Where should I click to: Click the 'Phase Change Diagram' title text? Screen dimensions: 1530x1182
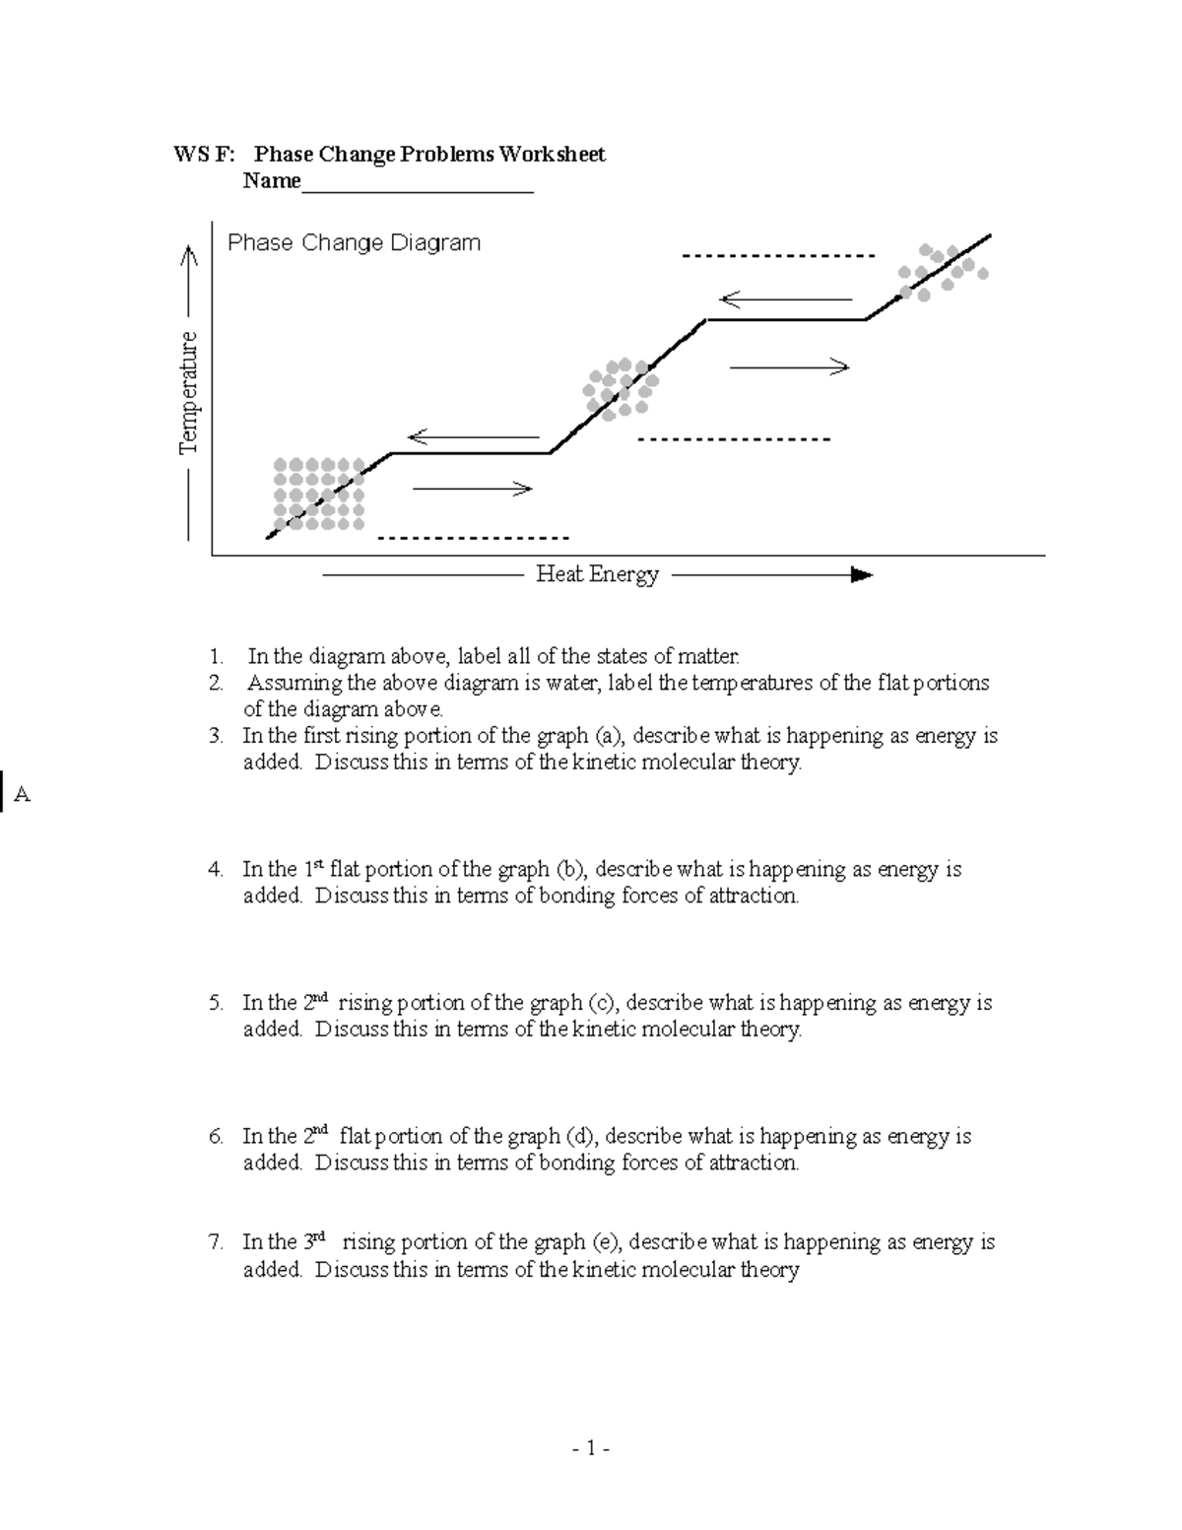point(354,242)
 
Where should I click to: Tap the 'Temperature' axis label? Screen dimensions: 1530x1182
point(188,393)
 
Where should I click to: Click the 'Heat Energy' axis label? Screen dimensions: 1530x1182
point(597,574)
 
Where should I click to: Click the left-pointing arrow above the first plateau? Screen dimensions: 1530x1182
point(474,436)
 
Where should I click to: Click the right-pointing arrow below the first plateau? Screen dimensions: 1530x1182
point(473,489)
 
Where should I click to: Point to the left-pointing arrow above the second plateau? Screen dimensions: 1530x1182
point(785,299)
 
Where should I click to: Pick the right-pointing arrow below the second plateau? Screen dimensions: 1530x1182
point(788,367)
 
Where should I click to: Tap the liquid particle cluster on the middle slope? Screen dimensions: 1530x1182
point(618,388)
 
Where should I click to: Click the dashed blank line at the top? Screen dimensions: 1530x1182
point(778,256)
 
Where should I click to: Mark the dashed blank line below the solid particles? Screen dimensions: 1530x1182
point(473,538)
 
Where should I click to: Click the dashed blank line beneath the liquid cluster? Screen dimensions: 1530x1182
point(734,439)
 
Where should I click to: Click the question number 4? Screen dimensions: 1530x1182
point(215,869)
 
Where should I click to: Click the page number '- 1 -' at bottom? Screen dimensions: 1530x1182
point(591,1448)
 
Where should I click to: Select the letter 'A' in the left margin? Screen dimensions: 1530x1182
point(23,795)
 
